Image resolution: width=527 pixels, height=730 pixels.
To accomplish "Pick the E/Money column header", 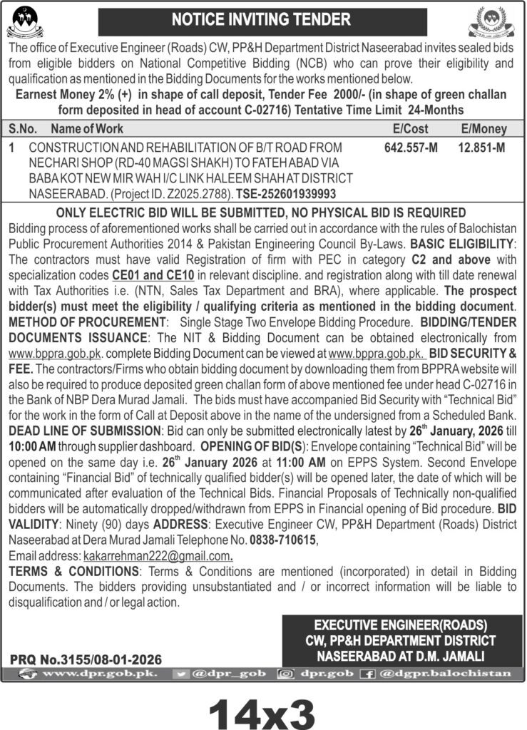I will pos(484,129).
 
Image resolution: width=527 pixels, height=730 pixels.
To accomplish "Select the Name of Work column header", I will pos(87,129).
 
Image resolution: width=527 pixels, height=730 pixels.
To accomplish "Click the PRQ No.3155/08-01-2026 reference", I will pos(86,659).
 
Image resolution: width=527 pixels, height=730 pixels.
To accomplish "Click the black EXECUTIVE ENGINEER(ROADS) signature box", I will pos(400,639).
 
